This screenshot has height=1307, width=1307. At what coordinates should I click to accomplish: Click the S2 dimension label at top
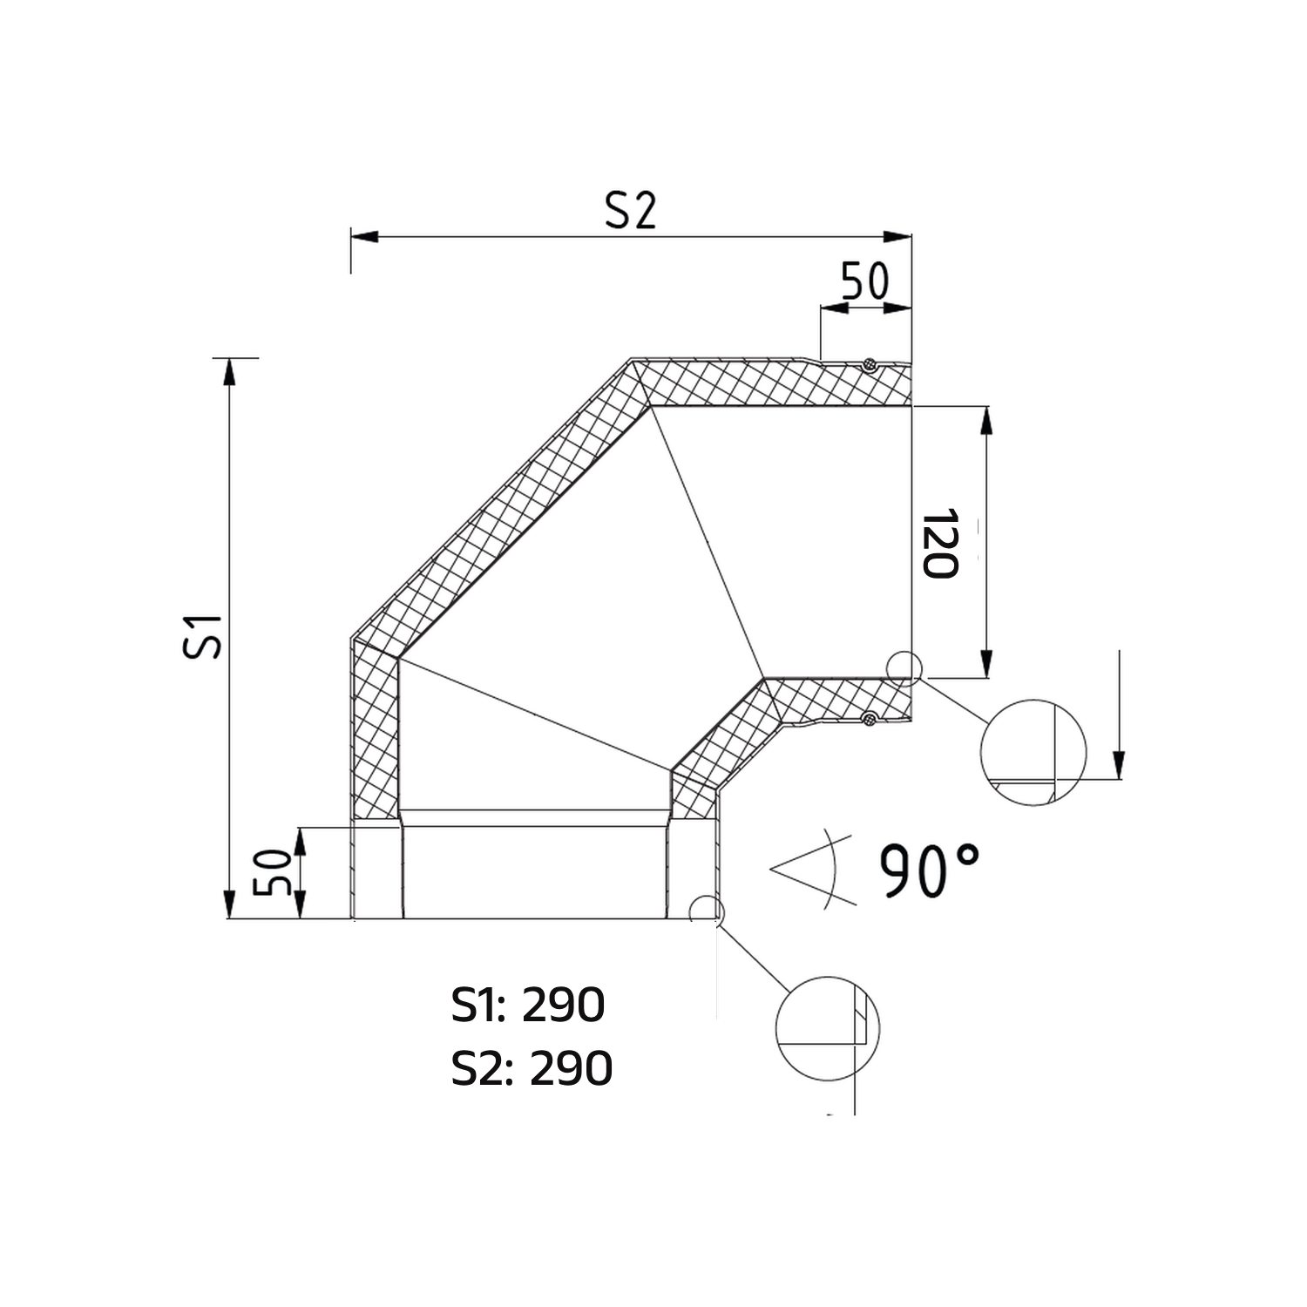point(630,210)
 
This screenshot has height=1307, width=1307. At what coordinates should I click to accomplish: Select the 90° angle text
point(928,870)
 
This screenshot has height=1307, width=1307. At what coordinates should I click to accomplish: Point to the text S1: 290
point(528,1006)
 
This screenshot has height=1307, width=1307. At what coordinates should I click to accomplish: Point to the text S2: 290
point(532,1068)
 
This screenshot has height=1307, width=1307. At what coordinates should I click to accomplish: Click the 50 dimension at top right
point(865,281)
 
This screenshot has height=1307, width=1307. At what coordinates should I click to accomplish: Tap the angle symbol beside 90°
point(806,870)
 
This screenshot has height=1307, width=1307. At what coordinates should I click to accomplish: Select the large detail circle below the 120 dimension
point(1033,752)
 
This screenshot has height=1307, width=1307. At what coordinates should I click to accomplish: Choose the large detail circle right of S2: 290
point(828,1028)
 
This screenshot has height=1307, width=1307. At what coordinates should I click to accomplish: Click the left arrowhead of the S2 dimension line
point(365,236)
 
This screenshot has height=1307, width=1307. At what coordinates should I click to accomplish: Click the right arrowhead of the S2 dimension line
point(897,236)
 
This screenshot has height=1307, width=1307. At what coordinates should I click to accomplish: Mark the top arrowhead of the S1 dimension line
point(229,371)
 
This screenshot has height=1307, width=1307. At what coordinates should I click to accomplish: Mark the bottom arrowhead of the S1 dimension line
point(229,904)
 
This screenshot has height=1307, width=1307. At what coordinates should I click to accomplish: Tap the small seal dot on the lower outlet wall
point(868,718)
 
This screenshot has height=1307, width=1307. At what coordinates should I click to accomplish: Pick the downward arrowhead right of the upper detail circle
point(1119,764)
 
